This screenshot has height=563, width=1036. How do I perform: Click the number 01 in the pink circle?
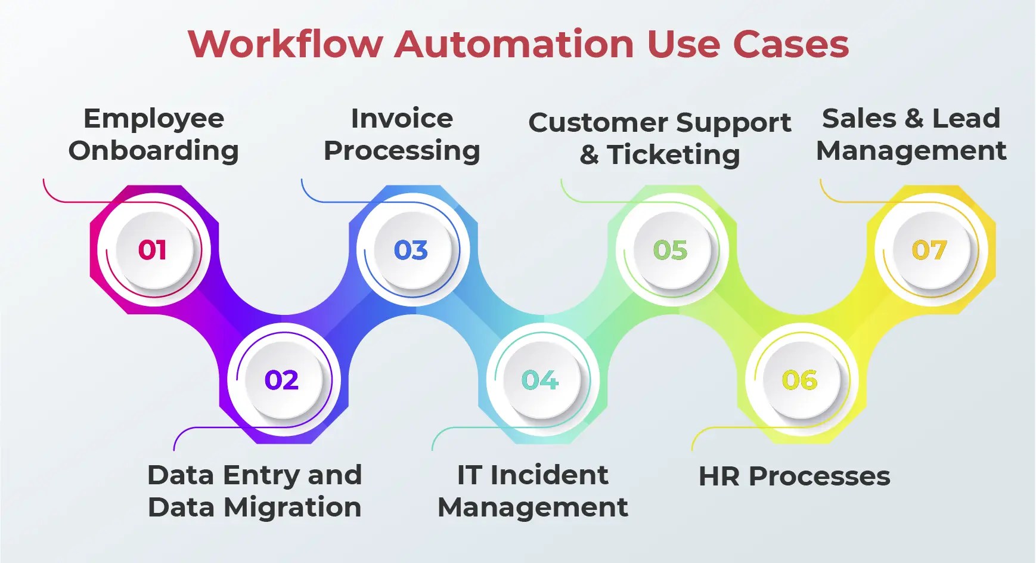click(x=153, y=250)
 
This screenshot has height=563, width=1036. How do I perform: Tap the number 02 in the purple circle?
click(x=281, y=380)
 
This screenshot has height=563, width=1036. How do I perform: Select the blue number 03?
click(x=411, y=250)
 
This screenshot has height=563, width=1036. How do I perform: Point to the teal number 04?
click(x=539, y=380)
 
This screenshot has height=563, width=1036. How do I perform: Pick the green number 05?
click(x=670, y=250)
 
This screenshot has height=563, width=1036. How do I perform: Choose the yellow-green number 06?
click(x=799, y=380)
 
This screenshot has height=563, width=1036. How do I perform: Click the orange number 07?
click(x=929, y=250)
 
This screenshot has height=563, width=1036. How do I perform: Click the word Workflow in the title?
click(x=285, y=44)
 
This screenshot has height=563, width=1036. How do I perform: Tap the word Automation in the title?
click(x=514, y=44)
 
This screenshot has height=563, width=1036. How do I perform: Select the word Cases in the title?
click(x=790, y=44)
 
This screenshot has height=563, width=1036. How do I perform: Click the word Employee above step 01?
click(x=154, y=119)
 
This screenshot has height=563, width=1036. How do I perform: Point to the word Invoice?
click(x=402, y=118)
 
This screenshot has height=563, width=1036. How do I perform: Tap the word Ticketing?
click(x=674, y=155)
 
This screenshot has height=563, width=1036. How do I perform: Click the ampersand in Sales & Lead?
click(x=914, y=118)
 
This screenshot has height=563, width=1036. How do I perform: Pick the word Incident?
click(x=549, y=475)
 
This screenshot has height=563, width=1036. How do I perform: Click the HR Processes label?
click(x=794, y=477)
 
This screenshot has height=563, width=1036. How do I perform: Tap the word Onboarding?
click(x=154, y=151)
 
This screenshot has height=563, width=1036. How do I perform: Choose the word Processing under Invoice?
click(x=402, y=151)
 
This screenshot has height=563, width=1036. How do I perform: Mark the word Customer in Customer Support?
click(x=598, y=123)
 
